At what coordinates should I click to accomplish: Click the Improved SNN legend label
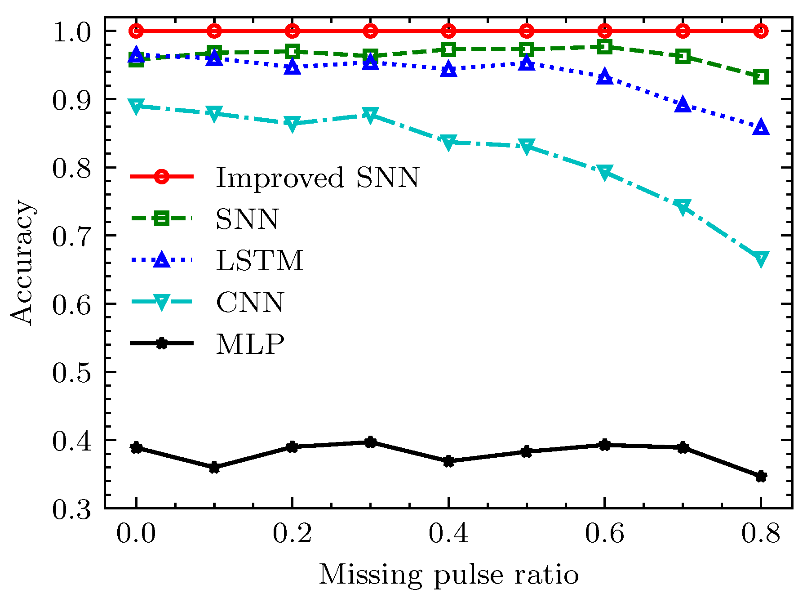point(317,178)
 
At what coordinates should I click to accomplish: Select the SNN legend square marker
point(161,219)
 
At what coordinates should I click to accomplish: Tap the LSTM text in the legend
point(260,261)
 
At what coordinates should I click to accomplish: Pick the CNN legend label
point(250,303)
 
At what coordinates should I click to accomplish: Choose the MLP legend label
point(250,344)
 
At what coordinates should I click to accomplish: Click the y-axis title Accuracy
point(22,263)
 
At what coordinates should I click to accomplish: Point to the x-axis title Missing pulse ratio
point(448,575)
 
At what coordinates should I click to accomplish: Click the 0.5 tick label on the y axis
point(72,373)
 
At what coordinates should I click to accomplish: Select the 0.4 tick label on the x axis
point(448,534)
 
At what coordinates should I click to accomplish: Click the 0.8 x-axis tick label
point(760,534)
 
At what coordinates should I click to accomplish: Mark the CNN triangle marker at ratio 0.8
point(760,259)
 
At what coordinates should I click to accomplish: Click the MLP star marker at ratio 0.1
point(214,468)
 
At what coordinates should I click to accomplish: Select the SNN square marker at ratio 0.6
point(605,47)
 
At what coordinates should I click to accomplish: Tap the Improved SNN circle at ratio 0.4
point(448,31)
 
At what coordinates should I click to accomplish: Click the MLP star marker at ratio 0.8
point(760,476)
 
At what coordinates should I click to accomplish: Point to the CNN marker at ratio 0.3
point(370,115)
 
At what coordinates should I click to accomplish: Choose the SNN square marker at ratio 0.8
point(760,76)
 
